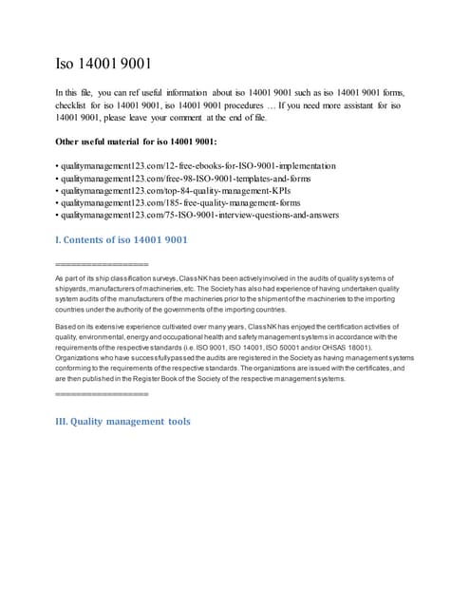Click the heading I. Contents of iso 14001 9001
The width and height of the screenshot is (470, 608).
122,239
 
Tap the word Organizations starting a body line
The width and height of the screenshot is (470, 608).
83,357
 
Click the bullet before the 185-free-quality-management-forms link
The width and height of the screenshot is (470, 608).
59,202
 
